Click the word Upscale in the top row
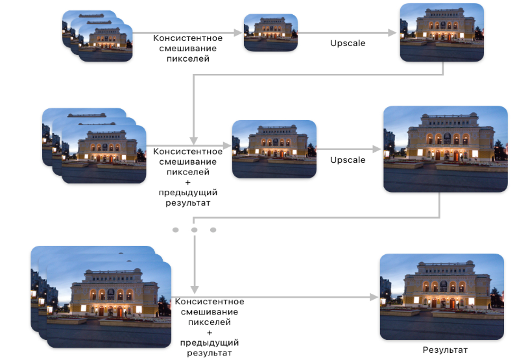(348, 43)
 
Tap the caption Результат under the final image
(444, 350)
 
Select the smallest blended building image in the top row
(270, 32)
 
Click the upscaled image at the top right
(441, 32)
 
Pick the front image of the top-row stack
(106, 43)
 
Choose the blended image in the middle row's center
(274, 149)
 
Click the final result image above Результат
(441, 296)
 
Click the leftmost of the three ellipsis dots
(175, 230)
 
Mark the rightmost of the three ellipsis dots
(213, 230)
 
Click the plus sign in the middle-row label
(187, 183)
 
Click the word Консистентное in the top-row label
(187, 38)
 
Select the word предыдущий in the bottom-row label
(209, 342)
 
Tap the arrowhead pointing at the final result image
(374, 296)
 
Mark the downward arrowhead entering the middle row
(194, 140)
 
